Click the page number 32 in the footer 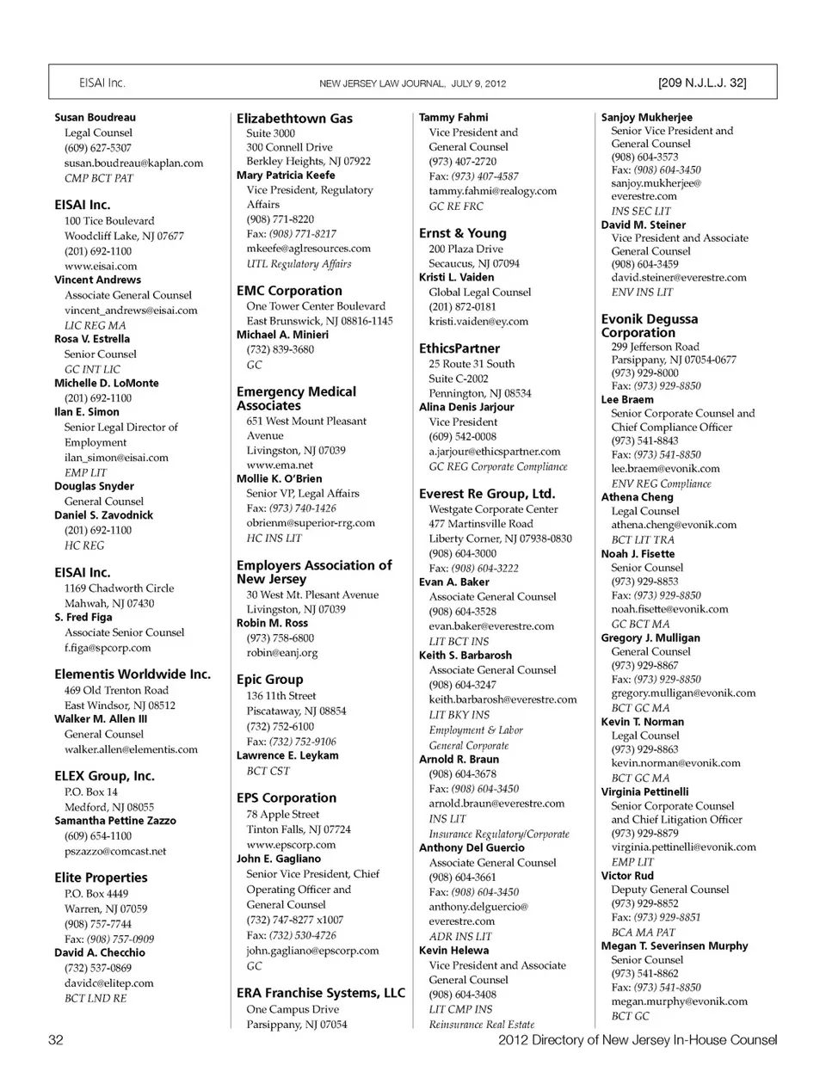(x=56, y=1040)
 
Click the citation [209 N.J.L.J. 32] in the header (x=701, y=83)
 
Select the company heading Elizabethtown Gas (x=294, y=119)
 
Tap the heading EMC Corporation (x=289, y=291)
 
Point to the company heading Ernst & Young (x=462, y=233)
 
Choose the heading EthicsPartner (x=459, y=348)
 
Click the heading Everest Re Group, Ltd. (x=487, y=494)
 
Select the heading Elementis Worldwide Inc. (x=133, y=674)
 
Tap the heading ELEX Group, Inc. (x=104, y=776)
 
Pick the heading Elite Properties (x=101, y=878)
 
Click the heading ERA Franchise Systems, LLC (x=320, y=993)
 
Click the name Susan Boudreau (x=95, y=118)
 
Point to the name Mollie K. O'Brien (x=279, y=478)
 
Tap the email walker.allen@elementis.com (x=131, y=749)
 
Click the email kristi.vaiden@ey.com (x=478, y=321)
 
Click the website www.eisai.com (x=101, y=266)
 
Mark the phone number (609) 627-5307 (x=97, y=148)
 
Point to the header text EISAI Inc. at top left (x=102, y=83)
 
